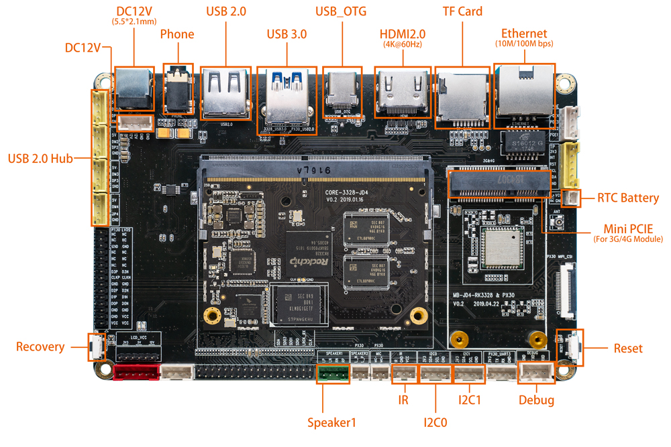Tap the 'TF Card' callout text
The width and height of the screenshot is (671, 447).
pyautogui.click(x=462, y=12)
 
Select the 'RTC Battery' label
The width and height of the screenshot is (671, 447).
pyautogui.click(x=628, y=198)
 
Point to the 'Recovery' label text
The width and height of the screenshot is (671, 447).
pyautogui.click(x=40, y=346)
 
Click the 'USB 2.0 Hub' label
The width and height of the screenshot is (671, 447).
pyautogui.click(x=40, y=159)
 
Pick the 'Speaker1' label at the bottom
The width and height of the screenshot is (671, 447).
pyautogui.click(x=331, y=422)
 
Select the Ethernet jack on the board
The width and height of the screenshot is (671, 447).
pyautogui.click(x=523, y=94)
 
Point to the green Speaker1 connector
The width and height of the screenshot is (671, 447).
pyautogui.click(x=333, y=373)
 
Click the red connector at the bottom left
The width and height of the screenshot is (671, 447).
pyautogui.click(x=136, y=372)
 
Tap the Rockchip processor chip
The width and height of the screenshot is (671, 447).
pyautogui.click(x=308, y=255)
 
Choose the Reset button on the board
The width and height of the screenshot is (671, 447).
pyautogui.click(x=572, y=347)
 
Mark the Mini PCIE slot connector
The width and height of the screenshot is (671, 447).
pyautogui.click(x=499, y=184)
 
